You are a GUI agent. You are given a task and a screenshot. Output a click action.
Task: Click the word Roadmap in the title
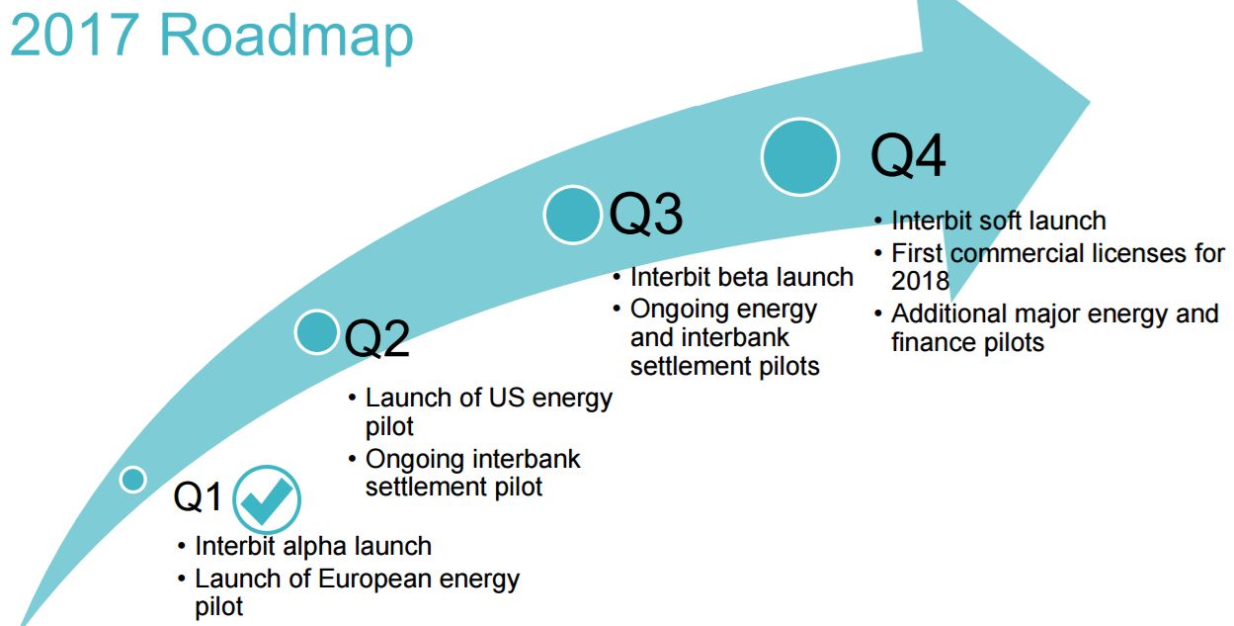(x=286, y=37)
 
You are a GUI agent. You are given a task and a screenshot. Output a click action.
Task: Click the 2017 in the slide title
(x=74, y=35)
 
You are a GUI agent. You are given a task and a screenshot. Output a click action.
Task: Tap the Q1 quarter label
(x=198, y=496)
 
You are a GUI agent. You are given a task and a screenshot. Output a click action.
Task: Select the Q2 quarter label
(x=377, y=338)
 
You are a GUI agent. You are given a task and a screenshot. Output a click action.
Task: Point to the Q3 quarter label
(x=646, y=215)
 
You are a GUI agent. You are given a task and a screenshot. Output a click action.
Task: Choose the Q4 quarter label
(x=908, y=156)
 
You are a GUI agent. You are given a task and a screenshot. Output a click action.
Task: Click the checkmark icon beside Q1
(x=267, y=499)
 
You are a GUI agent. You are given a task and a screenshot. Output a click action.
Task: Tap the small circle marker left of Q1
(x=132, y=479)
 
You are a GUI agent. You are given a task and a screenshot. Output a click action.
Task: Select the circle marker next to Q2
(x=317, y=332)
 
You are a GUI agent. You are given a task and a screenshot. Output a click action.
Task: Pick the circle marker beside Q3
(x=572, y=215)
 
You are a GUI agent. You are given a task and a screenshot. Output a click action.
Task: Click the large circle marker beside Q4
(x=800, y=156)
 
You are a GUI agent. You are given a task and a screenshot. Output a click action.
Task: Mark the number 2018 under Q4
(x=920, y=281)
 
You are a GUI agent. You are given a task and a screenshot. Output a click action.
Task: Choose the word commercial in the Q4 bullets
(x=1018, y=254)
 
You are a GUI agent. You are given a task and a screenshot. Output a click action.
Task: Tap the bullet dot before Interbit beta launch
(x=617, y=278)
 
